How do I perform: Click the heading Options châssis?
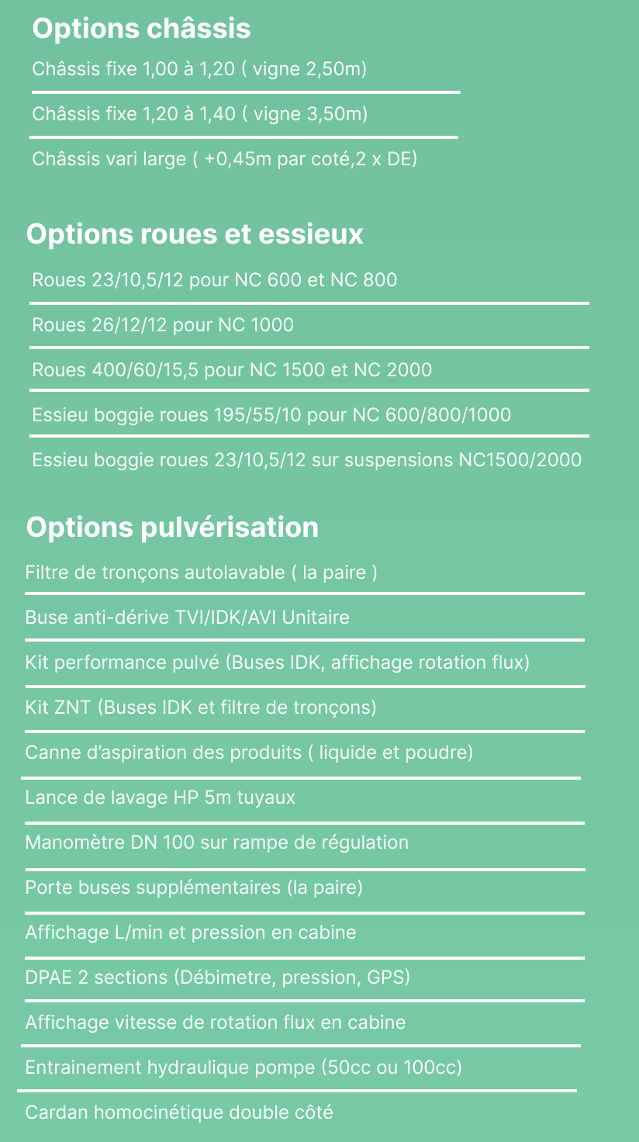(141, 29)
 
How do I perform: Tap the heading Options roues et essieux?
(195, 234)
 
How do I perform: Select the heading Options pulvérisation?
(172, 527)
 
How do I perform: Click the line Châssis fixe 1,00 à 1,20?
(199, 70)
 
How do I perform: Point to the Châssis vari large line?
(224, 160)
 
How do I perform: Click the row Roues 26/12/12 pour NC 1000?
(163, 325)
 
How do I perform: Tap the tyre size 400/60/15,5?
(145, 370)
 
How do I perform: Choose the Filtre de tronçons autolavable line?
(201, 573)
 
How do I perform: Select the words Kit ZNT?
(58, 708)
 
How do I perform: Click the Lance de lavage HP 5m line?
(160, 798)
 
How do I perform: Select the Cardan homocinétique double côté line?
(179, 1113)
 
